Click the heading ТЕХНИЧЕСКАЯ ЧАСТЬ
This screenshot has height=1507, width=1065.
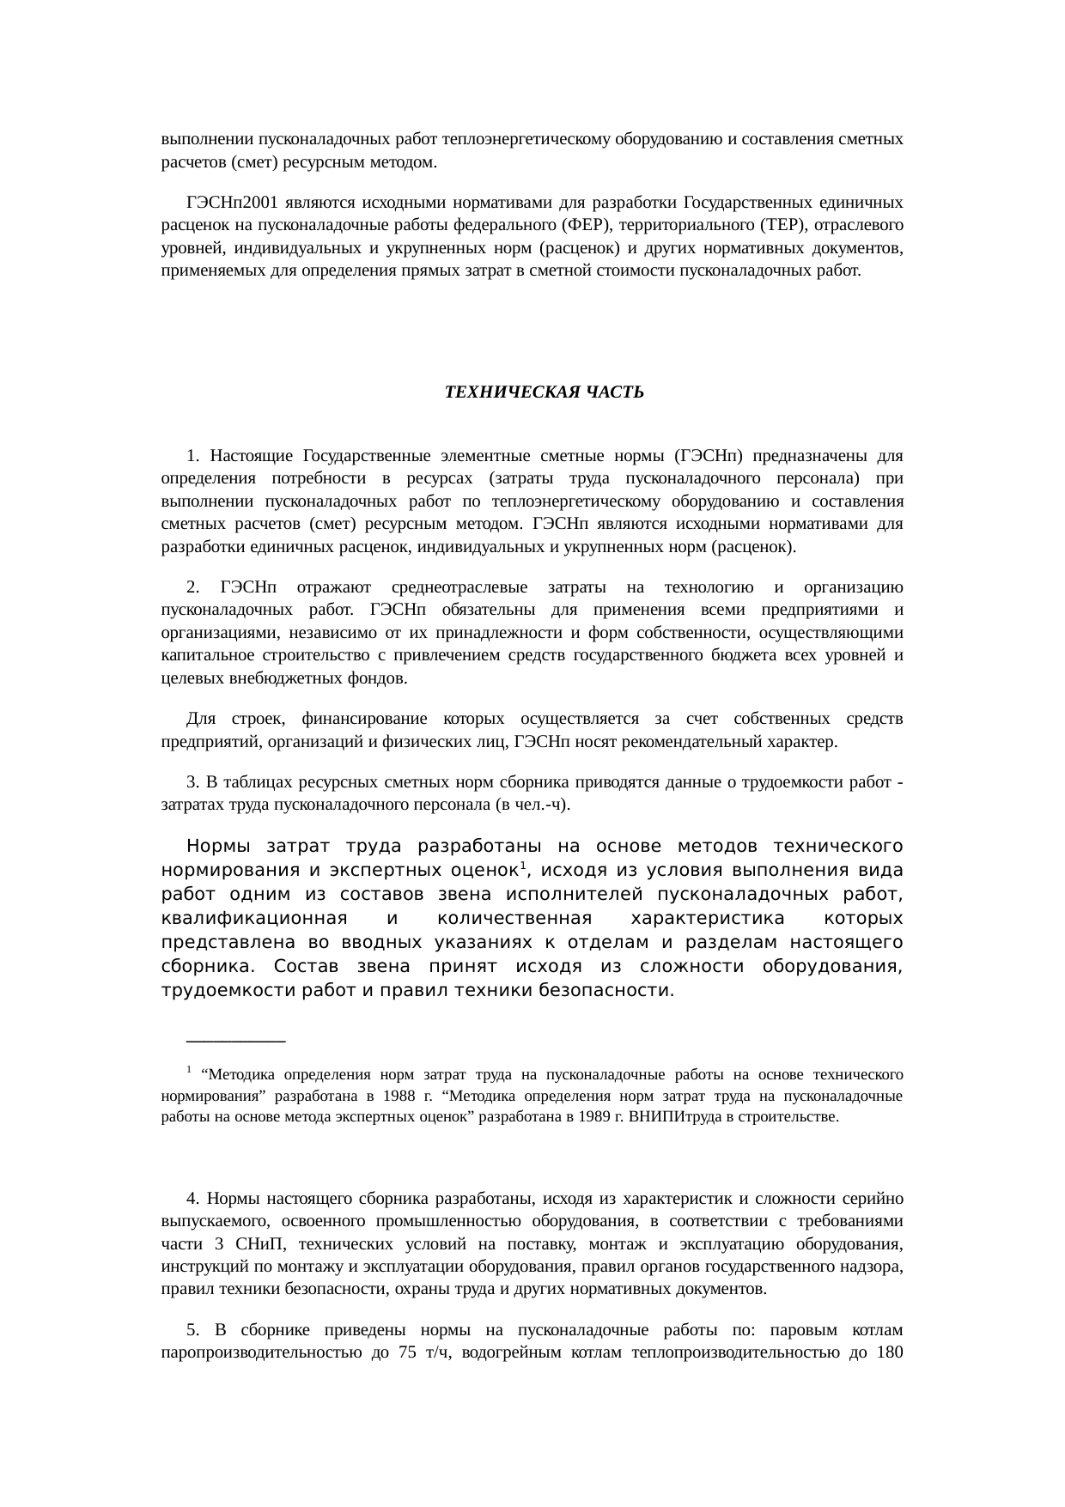coord(544,392)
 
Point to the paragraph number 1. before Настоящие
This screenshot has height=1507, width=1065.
coord(193,455)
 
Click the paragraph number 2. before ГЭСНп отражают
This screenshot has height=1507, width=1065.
coord(193,588)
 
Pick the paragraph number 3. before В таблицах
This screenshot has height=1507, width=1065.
coord(193,783)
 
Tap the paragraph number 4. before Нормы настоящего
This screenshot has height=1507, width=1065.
coord(193,1199)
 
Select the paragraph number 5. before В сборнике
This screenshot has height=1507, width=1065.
coord(193,1332)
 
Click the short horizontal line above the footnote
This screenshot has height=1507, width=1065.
coord(235,1041)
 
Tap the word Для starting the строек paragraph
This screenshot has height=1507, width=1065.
coord(200,719)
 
